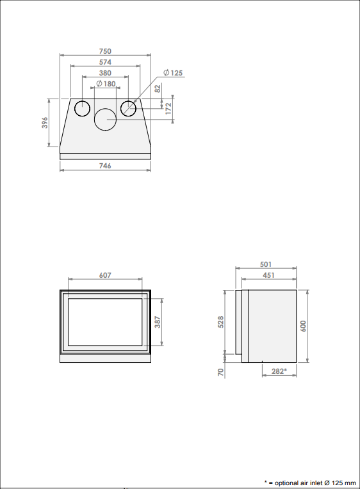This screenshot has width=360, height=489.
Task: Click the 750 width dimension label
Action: pos(105,51)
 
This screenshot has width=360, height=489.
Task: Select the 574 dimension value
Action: pos(105,62)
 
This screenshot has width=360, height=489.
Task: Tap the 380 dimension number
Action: pos(105,73)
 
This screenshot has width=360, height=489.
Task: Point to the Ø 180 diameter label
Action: pos(106,84)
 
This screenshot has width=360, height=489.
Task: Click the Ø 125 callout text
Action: pos(173,73)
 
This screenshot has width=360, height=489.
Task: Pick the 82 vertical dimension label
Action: pos(158,88)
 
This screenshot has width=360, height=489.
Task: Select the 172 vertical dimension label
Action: pos(168,108)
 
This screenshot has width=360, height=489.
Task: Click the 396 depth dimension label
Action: pos(45,122)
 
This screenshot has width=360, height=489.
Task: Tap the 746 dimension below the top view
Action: pos(105,166)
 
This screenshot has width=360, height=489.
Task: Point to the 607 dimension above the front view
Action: pos(105,275)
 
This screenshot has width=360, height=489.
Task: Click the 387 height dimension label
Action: pos(158,322)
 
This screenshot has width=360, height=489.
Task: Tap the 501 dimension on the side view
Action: pos(266,264)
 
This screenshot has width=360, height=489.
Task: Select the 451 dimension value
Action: pos(269,275)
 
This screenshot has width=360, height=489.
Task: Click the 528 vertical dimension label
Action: pos(220,322)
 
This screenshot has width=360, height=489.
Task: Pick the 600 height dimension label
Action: pos(303,326)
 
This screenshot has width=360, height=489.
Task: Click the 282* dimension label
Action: pos(279,371)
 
